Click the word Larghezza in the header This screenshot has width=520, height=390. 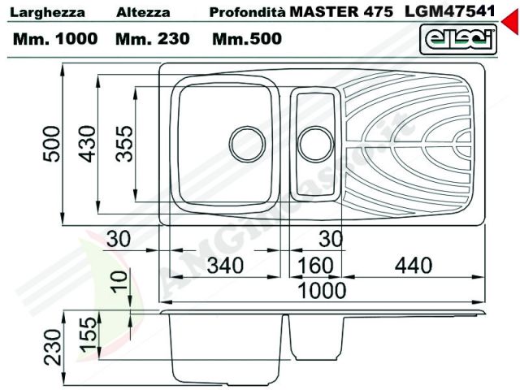(x=47, y=13)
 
